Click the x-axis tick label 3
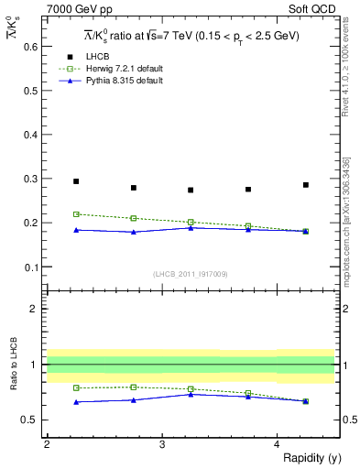click(x=161, y=443)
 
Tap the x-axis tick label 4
click(x=278, y=443)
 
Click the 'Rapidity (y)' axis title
click(x=306, y=458)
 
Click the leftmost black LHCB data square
click(x=76, y=181)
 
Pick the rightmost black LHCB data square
click(x=306, y=185)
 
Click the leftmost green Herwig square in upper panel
click(x=76, y=214)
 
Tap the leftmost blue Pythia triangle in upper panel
click(x=76, y=230)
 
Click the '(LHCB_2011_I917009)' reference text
click(x=190, y=274)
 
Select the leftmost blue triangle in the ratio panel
click(x=76, y=402)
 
